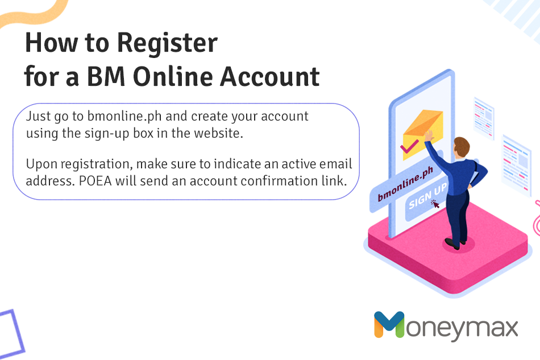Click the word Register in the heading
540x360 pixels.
point(167,44)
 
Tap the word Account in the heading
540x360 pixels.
point(269,76)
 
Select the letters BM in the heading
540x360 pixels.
point(106,76)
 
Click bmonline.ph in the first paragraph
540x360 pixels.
point(124,117)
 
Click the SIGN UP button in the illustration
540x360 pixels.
point(427,198)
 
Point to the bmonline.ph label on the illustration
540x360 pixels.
point(405,184)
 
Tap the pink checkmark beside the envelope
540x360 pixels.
point(409,147)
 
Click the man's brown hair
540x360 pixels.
point(462,146)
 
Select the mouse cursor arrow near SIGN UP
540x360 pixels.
point(435,205)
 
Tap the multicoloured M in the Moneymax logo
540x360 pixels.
point(389,324)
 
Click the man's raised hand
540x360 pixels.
point(429,135)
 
